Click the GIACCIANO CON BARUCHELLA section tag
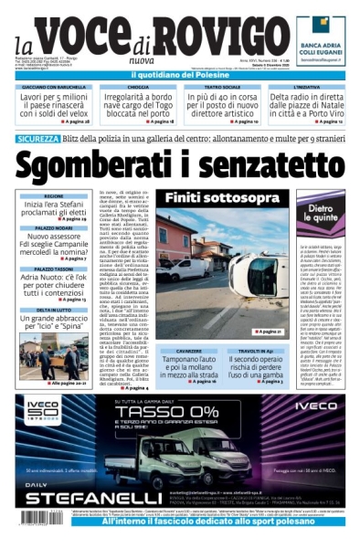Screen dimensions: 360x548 pos(55,87)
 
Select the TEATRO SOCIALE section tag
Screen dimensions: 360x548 pos(221,87)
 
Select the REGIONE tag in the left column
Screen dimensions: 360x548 pos(54,196)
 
